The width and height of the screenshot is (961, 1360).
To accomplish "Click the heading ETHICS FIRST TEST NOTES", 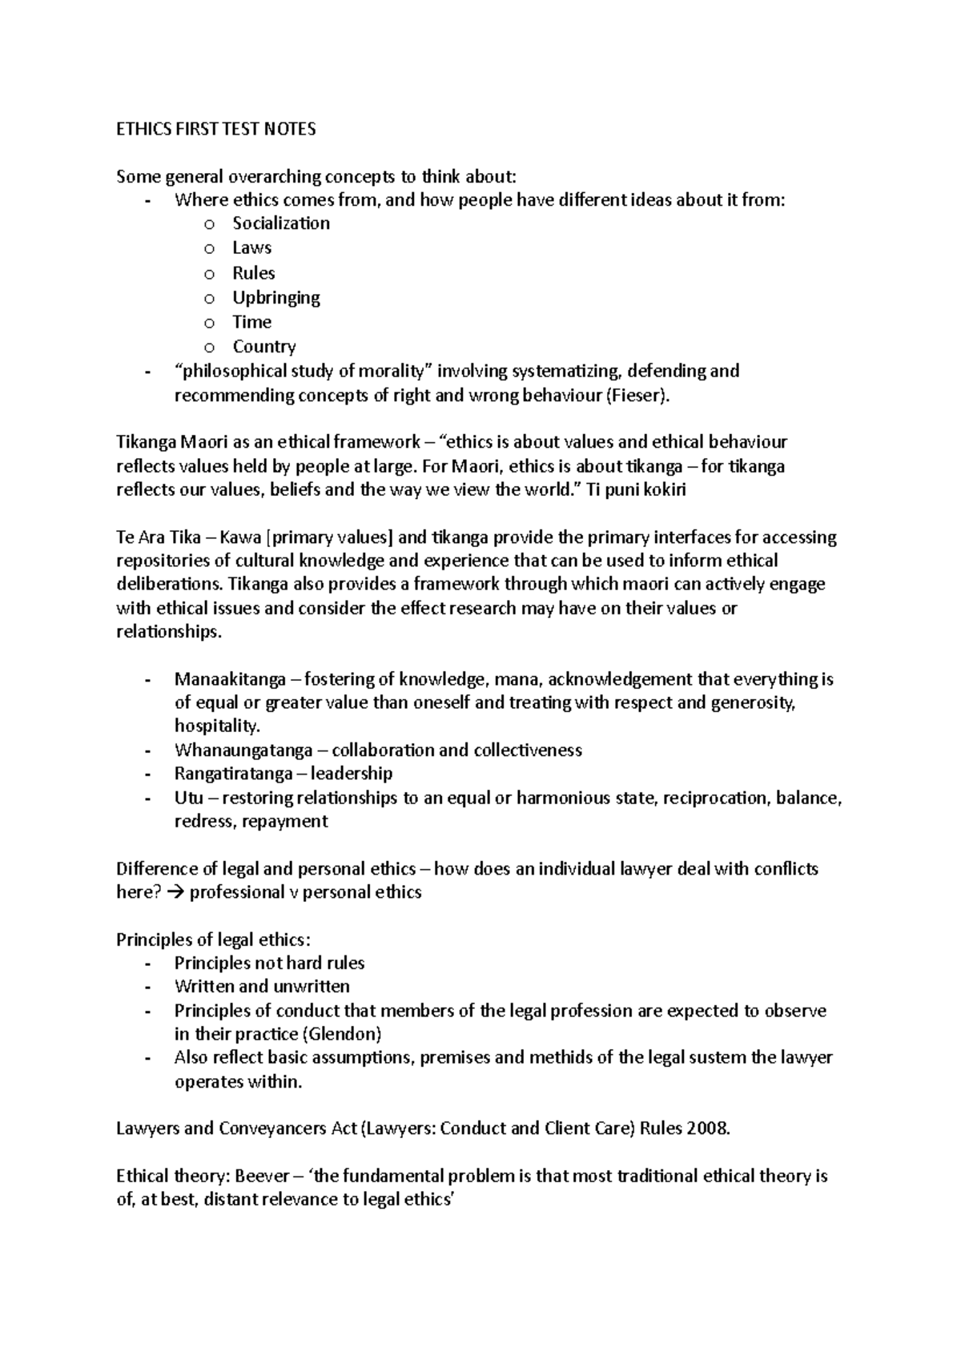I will click(x=216, y=129).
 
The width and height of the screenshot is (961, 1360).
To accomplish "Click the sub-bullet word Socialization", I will click(x=280, y=223).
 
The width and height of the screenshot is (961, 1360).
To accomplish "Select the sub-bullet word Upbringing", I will click(x=275, y=298).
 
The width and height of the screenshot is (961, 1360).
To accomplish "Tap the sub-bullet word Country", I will click(x=263, y=347).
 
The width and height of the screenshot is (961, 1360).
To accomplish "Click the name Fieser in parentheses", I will click(x=637, y=396).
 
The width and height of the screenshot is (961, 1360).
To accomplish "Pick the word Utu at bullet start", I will click(x=188, y=798).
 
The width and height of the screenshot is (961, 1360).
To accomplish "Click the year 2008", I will click(x=707, y=1129).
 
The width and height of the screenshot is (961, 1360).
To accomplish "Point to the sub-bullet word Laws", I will click(x=251, y=248).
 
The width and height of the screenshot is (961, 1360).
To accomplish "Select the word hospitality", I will click(x=217, y=726).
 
